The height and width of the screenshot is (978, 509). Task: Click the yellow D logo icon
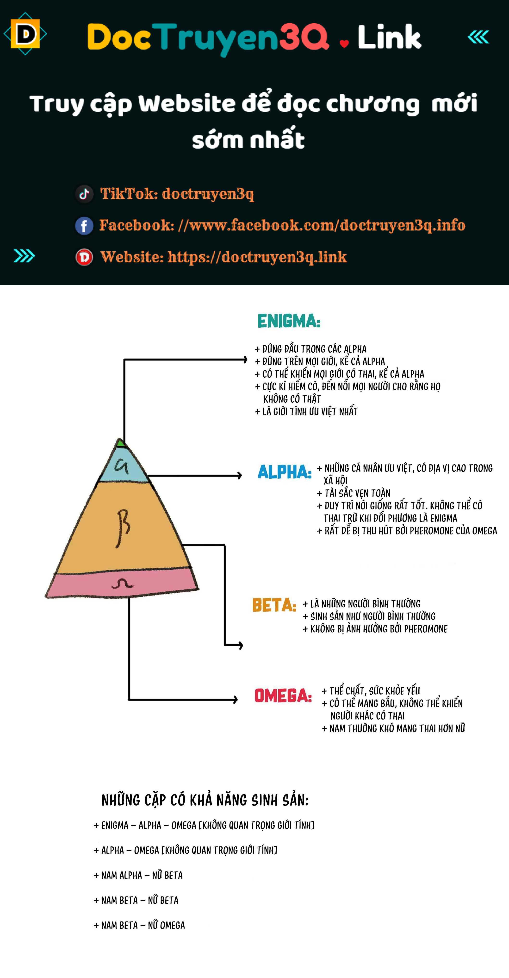click(25, 34)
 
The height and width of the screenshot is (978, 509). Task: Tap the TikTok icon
click(84, 194)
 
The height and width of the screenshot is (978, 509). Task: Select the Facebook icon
click(84, 226)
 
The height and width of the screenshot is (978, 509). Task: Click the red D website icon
click(84, 257)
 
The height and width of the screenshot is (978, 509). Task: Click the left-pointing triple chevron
click(478, 37)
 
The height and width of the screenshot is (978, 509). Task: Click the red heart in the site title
click(344, 44)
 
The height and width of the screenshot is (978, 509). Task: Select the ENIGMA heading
click(289, 321)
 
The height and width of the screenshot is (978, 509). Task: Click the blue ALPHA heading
click(285, 472)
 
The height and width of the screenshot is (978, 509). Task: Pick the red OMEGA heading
click(283, 696)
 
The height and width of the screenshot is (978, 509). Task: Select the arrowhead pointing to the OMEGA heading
click(235, 699)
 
